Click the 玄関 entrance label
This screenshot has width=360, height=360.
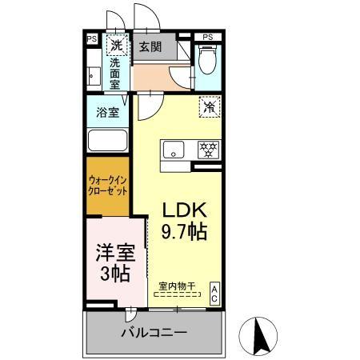pos(150,47)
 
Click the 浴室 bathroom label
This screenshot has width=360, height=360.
pos(108,112)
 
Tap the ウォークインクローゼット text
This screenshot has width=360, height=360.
pos(107,187)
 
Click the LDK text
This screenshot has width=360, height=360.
pos(186,210)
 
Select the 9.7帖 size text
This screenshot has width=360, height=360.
pos(186,233)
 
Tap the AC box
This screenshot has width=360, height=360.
pos(215,293)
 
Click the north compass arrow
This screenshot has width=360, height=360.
pos(262,334)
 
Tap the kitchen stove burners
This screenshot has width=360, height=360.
pos(210,149)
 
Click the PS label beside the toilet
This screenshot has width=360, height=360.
pos(207,37)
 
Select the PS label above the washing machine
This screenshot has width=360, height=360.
pos(91,38)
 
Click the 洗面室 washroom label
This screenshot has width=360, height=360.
pos(116,73)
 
